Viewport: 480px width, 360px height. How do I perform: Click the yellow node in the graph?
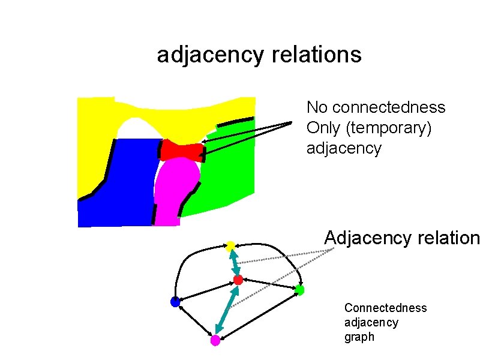tap(230, 245)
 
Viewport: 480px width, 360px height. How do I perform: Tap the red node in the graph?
tap(238, 280)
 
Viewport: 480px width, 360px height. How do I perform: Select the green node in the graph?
tap(300, 290)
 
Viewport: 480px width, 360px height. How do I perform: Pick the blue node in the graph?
tap(175, 302)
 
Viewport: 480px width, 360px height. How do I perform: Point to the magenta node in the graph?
tap(215, 341)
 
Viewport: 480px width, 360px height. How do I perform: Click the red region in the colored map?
tap(182, 151)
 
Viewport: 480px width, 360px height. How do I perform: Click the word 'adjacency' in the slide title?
tap(209, 55)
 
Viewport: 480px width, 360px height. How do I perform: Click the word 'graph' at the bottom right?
tap(359, 337)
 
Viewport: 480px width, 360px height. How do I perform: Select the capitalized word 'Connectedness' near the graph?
tap(385, 308)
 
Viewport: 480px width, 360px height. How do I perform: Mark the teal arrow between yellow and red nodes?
tap(235, 263)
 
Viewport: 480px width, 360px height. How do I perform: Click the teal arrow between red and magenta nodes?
tap(227, 310)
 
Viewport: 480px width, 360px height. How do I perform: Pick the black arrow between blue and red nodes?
tap(206, 291)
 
